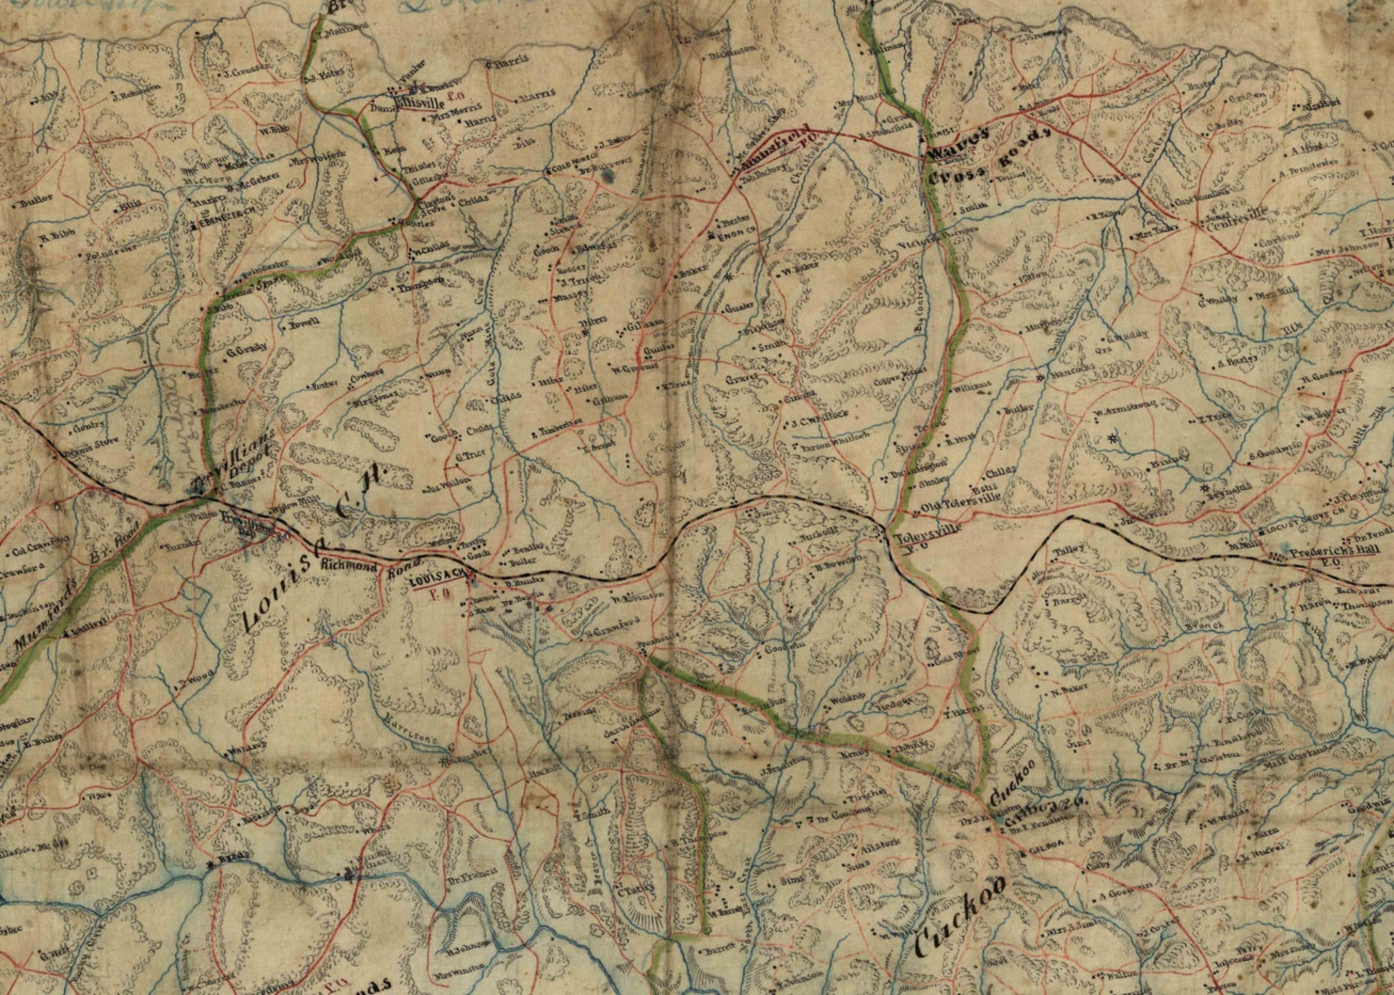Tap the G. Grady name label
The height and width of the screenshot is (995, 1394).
246,350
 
